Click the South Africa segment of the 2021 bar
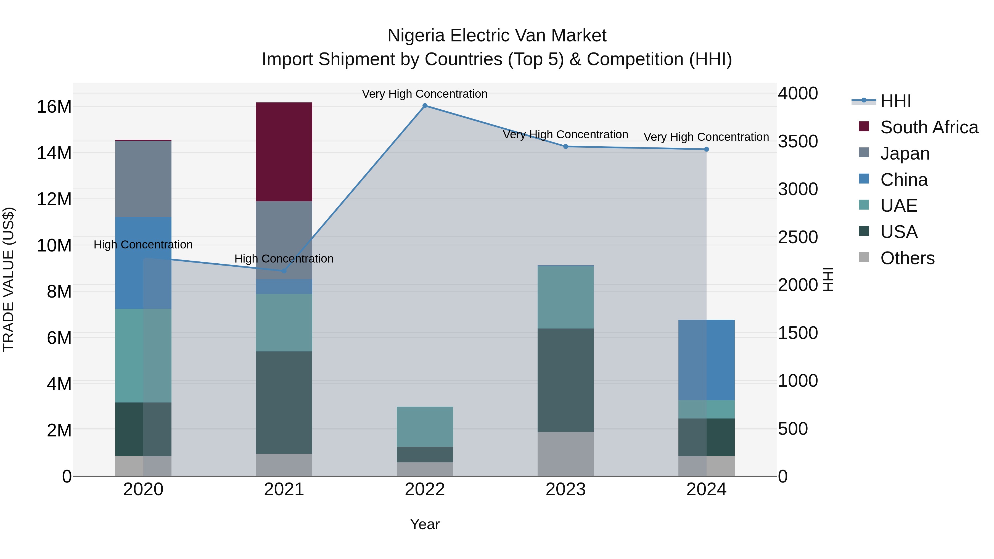284,152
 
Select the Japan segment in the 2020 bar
143,179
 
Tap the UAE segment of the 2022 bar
425,426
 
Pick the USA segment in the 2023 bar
566,380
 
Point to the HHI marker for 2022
425,106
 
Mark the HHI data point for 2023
566,147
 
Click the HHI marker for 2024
707,149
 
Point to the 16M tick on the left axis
54,107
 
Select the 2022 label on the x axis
425,489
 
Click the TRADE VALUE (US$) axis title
9,279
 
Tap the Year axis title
425,524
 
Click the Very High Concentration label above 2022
425,94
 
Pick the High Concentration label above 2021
284,259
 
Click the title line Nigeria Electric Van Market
497,36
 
